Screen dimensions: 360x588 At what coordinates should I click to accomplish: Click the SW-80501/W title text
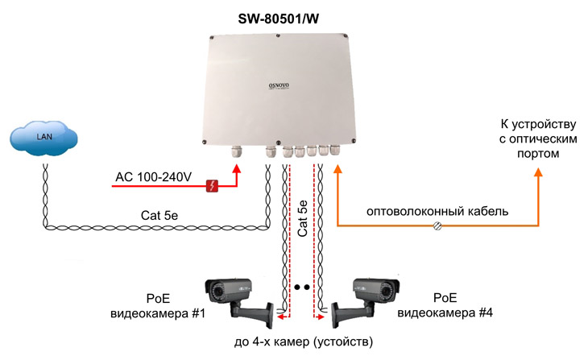pos(278,18)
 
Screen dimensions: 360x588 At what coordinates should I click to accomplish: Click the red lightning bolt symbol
pos(213,186)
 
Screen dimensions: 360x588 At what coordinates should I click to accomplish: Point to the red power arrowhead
pos(238,168)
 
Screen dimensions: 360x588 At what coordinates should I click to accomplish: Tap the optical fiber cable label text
pos(437,212)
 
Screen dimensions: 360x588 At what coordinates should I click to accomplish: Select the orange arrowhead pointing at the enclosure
pos(338,168)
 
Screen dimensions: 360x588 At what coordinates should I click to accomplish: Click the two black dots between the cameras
pos(303,287)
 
